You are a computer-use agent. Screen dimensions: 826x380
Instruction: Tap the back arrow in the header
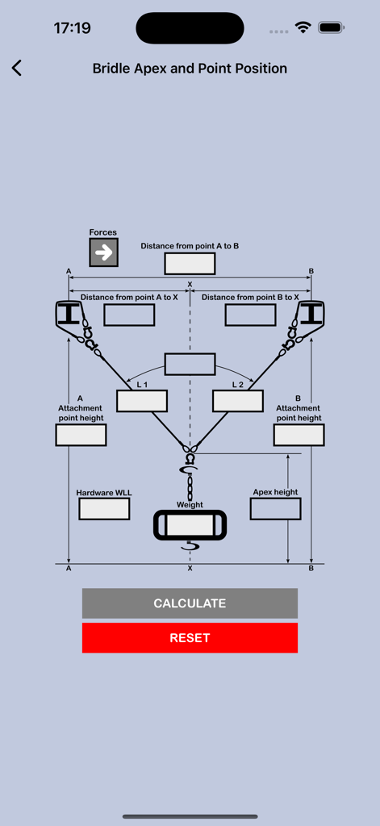coord(17,69)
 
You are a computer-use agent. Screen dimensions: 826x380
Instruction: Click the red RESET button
coord(190,637)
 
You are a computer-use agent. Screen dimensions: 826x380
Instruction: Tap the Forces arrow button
coord(103,252)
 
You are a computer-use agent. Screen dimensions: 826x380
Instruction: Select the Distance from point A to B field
coord(190,264)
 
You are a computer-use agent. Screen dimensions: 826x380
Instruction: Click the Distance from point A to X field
coord(129,315)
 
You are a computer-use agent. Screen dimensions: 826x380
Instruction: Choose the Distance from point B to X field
coord(250,315)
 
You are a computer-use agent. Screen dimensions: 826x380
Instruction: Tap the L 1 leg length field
coord(142,401)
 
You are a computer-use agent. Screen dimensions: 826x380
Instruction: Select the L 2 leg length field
coord(238,401)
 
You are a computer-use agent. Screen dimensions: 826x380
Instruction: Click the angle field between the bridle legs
coord(190,364)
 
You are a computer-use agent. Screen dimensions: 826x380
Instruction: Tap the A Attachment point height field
coord(81,435)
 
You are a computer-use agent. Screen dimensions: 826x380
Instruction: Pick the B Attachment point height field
coord(299,435)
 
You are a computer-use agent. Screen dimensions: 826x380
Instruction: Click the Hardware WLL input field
coord(104,509)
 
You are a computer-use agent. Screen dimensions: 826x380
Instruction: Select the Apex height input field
coord(275,509)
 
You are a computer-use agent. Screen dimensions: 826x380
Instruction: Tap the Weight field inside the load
coord(190,525)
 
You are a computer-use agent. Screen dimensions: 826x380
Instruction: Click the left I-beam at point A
coord(69,313)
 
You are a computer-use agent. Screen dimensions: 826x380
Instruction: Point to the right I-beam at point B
coord(311,313)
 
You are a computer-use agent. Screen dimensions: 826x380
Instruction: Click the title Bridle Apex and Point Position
coord(190,69)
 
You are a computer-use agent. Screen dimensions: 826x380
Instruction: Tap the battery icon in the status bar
coord(331,28)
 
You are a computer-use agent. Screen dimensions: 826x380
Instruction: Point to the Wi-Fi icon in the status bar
coord(303,28)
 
